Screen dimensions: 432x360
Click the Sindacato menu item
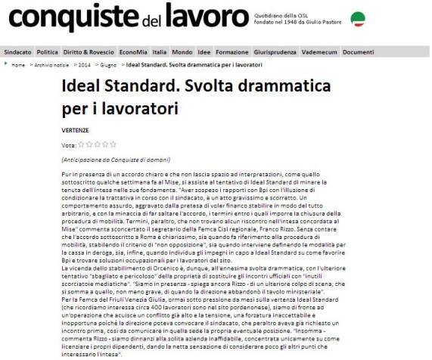pyautogui.click(x=17, y=52)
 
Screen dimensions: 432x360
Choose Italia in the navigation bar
pyautogui.click(x=159, y=52)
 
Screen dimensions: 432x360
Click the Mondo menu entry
pyautogui.click(x=182, y=52)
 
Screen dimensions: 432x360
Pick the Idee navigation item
pyautogui.click(x=204, y=52)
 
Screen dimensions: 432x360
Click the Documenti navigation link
pyautogui.click(x=358, y=52)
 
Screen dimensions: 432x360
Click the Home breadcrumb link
pyautogui.click(x=18, y=65)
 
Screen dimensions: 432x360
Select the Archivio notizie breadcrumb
pyautogui.click(x=49, y=65)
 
